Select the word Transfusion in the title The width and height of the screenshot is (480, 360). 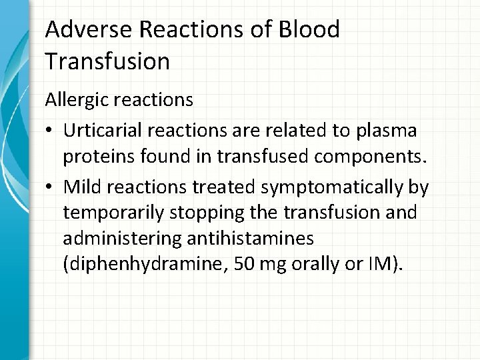[107, 61]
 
